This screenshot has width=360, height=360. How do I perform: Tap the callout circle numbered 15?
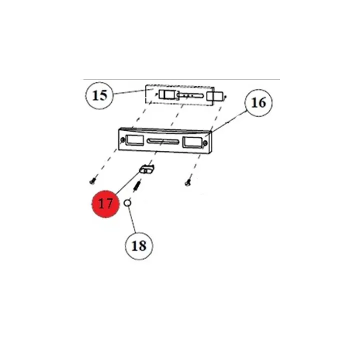coord(100,95)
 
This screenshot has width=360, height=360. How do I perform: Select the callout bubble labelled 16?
coord(258,103)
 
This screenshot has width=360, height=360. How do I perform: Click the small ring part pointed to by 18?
coord(127,202)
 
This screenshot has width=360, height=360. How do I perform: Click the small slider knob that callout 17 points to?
coord(146,169)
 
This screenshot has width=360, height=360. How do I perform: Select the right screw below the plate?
coord(187,183)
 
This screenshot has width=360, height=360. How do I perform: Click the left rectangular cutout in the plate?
coord(133,140)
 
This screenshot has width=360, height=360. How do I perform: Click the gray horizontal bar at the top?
coord(180,77)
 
